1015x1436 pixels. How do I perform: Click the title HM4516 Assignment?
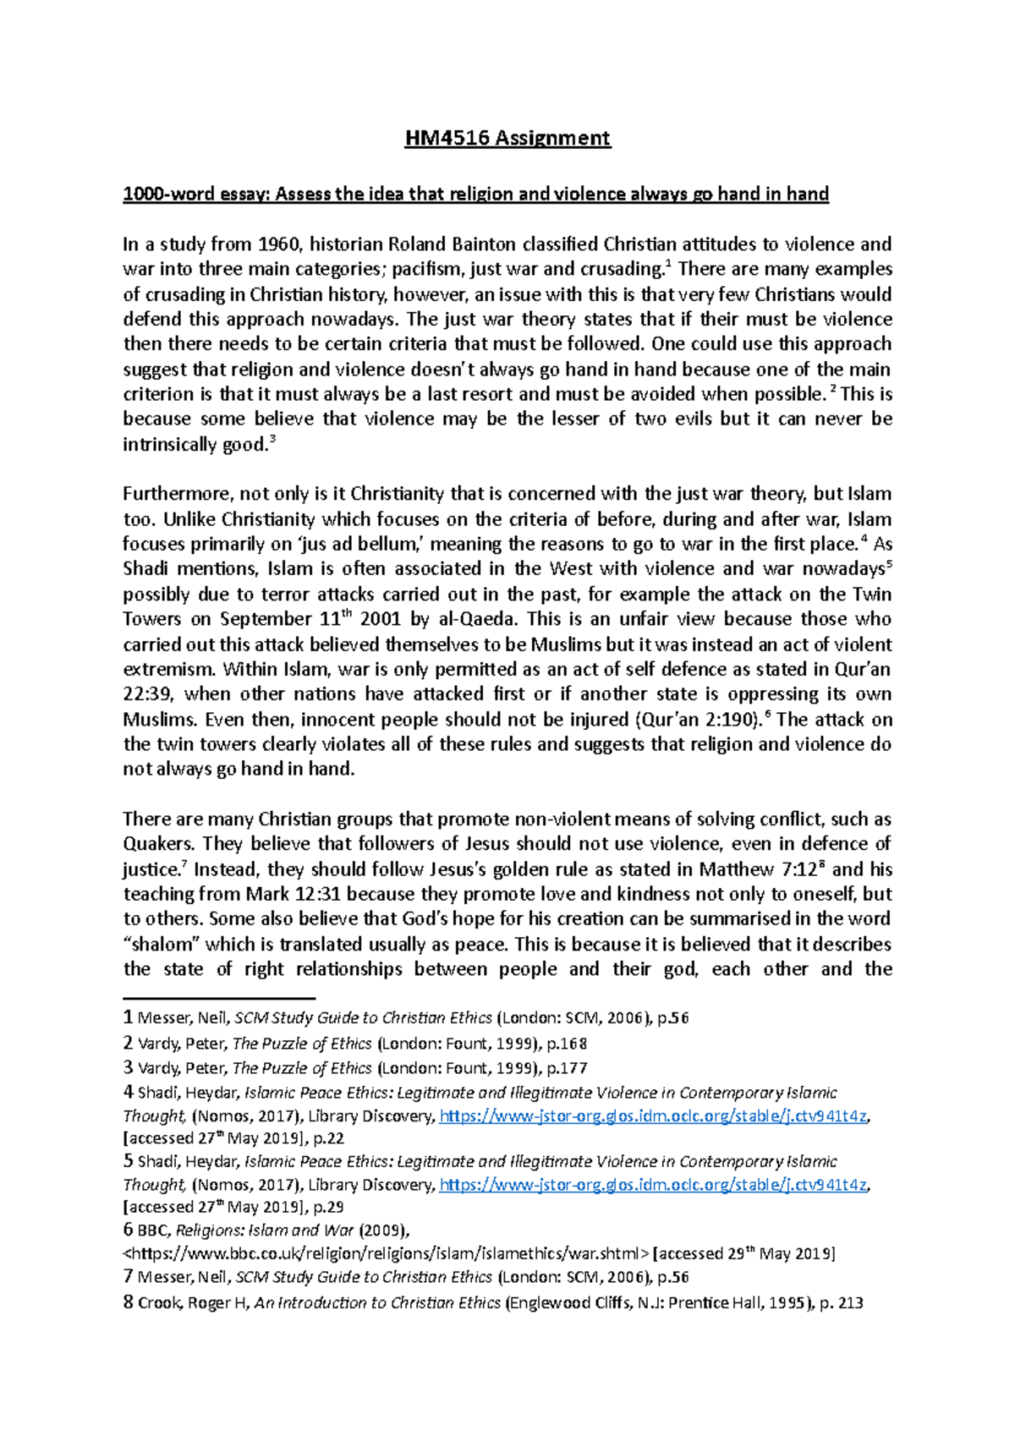coord(507,138)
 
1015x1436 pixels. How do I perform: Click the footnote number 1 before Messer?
coord(128,1018)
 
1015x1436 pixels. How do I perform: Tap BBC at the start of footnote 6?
coord(153,1230)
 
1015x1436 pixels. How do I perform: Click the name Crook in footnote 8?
coord(159,1303)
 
